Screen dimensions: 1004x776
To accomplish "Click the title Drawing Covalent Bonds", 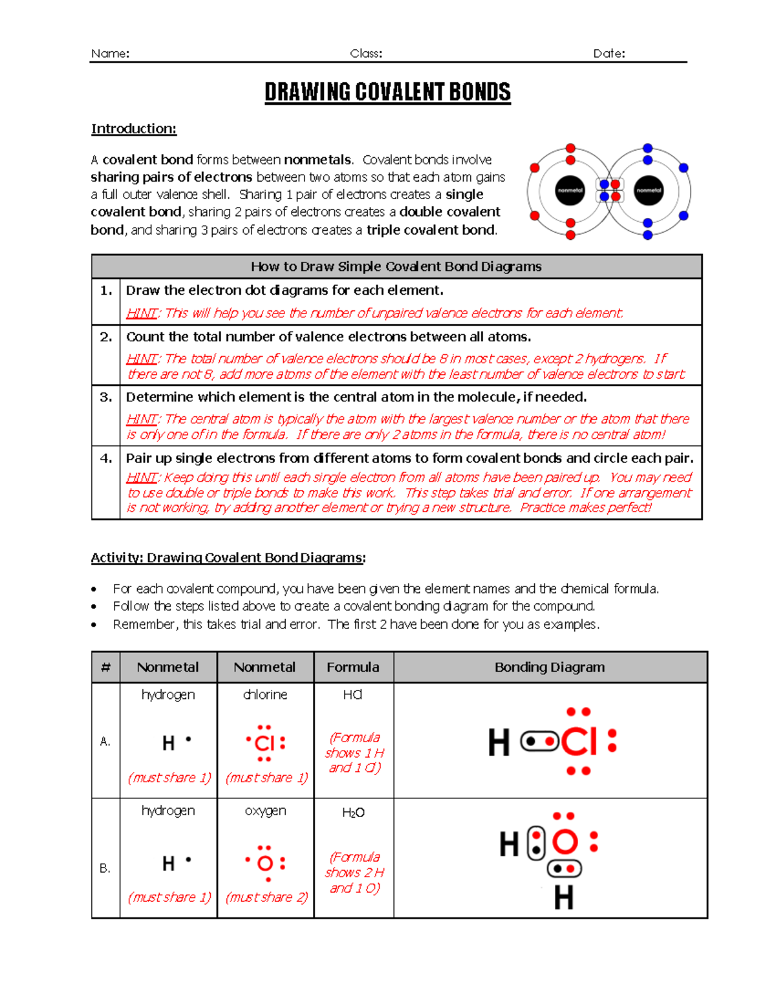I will pyautogui.click(x=387, y=92).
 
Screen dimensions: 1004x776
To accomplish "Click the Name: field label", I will pyautogui.click(x=110, y=54).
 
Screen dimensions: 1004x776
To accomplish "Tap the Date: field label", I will pyautogui.click(x=609, y=54).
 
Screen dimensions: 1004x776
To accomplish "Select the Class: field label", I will pyautogui.click(x=366, y=54).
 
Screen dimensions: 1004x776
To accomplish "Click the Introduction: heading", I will pyautogui.click(x=134, y=129).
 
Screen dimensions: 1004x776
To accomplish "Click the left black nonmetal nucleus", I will pyautogui.click(x=570, y=191).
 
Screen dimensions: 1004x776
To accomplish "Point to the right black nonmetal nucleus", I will pyautogui.click(x=648, y=191).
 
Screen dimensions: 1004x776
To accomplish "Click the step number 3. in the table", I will pyautogui.click(x=106, y=397).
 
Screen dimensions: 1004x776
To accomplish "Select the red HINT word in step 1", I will pyautogui.click(x=142, y=314).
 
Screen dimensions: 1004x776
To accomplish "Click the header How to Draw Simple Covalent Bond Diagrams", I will pyautogui.click(x=396, y=266).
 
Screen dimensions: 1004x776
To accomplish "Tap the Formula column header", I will pyautogui.click(x=353, y=667).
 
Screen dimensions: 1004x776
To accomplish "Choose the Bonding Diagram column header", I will pyautogui.click(x=550, y=667).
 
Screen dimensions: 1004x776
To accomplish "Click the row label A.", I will pyautogui.click(x=105, y=742).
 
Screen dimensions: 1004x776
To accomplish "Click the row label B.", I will pyautogui.click(x=105, y=868).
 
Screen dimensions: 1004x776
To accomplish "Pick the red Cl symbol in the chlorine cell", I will pyautogui.click(x=265, y=743).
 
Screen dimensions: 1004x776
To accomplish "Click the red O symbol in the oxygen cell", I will pyautogui.click(x=265, y=863).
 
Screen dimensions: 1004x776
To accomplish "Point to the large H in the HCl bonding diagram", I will pyautogui.click(x=499, y=742).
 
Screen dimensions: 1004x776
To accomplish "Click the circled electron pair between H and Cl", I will pyautogui.click(x=539, y=742).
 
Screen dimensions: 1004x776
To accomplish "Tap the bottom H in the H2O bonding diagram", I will pyautogui.click(x=563, y=898).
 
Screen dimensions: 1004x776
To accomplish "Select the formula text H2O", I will pyautogui.click(x=353, y=813).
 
